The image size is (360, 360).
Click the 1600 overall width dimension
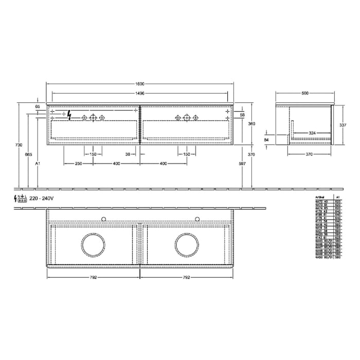tap(140, 84)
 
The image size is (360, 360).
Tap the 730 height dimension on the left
tap(19, 146)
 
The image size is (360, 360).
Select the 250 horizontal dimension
tap(78, 164)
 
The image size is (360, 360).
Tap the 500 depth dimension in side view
tap(305, 94)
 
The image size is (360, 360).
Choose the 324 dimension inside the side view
tap(312, 133)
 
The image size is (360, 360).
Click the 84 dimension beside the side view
tap(266, 139)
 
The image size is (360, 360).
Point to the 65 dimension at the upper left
tap(38, 106)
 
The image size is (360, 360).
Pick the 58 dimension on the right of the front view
tap(242, 115)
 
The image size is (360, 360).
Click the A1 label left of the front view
tap(38, 164)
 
